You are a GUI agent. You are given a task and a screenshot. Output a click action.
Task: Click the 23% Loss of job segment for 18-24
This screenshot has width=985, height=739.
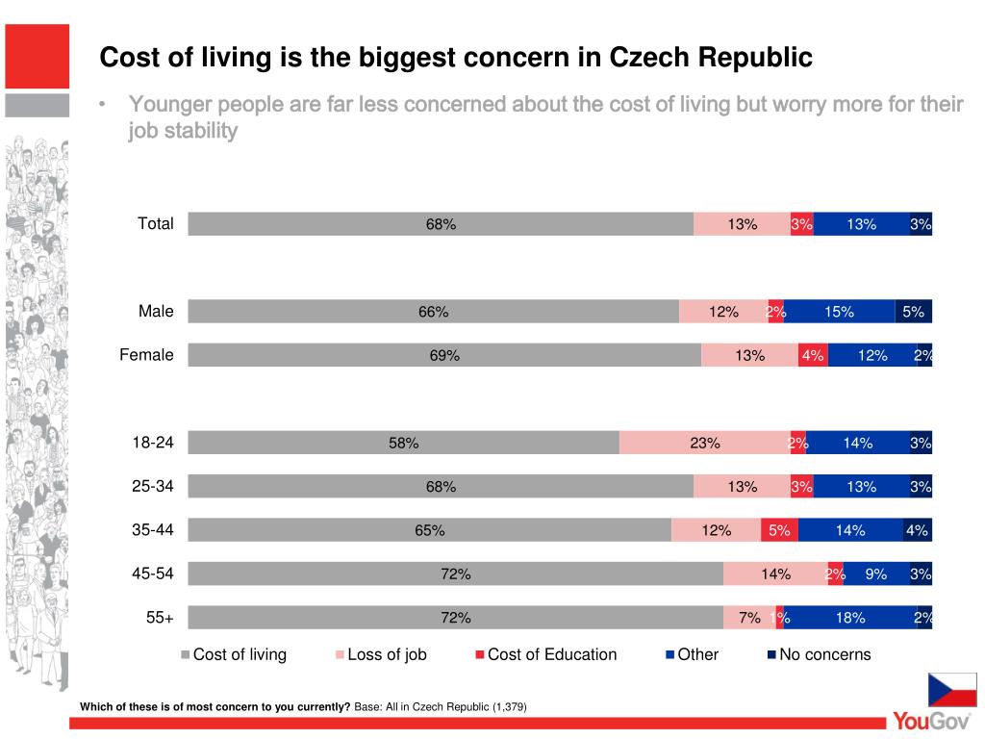click(x=705, y=443)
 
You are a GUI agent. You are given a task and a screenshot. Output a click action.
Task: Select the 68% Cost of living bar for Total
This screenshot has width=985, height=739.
click(x=441, y=224)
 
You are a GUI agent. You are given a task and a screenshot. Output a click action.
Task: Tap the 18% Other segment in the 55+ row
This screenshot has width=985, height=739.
click(x=850, y=618)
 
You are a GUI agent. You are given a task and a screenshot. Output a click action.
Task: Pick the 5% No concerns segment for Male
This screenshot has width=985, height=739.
click(x=913, y=312)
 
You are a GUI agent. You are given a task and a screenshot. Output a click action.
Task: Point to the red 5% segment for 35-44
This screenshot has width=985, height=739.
click(x=779, y=530)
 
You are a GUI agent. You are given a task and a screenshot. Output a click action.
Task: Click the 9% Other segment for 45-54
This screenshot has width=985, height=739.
click(x=875, y=574)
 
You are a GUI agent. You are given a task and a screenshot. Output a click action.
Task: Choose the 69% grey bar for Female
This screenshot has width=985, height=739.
click(x=444, y=356)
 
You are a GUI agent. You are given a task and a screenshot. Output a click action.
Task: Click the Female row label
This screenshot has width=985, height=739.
click(x=146, y=355)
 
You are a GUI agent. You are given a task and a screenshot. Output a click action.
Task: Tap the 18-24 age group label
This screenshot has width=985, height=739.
click(x=153, y=443)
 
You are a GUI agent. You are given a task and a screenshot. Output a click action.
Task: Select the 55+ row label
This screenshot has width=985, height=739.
click(x=160, y=618)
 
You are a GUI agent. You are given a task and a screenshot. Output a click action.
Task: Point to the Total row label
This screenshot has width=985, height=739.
click(x=156, y=224)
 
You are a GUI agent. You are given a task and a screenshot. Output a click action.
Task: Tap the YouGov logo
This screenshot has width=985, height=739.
click(x=931, y=721)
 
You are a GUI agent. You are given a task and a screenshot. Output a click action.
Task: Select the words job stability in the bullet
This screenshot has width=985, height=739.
click(x=183, y=131)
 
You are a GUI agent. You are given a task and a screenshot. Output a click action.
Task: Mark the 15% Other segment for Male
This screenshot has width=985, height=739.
click(x=839, y=312)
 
